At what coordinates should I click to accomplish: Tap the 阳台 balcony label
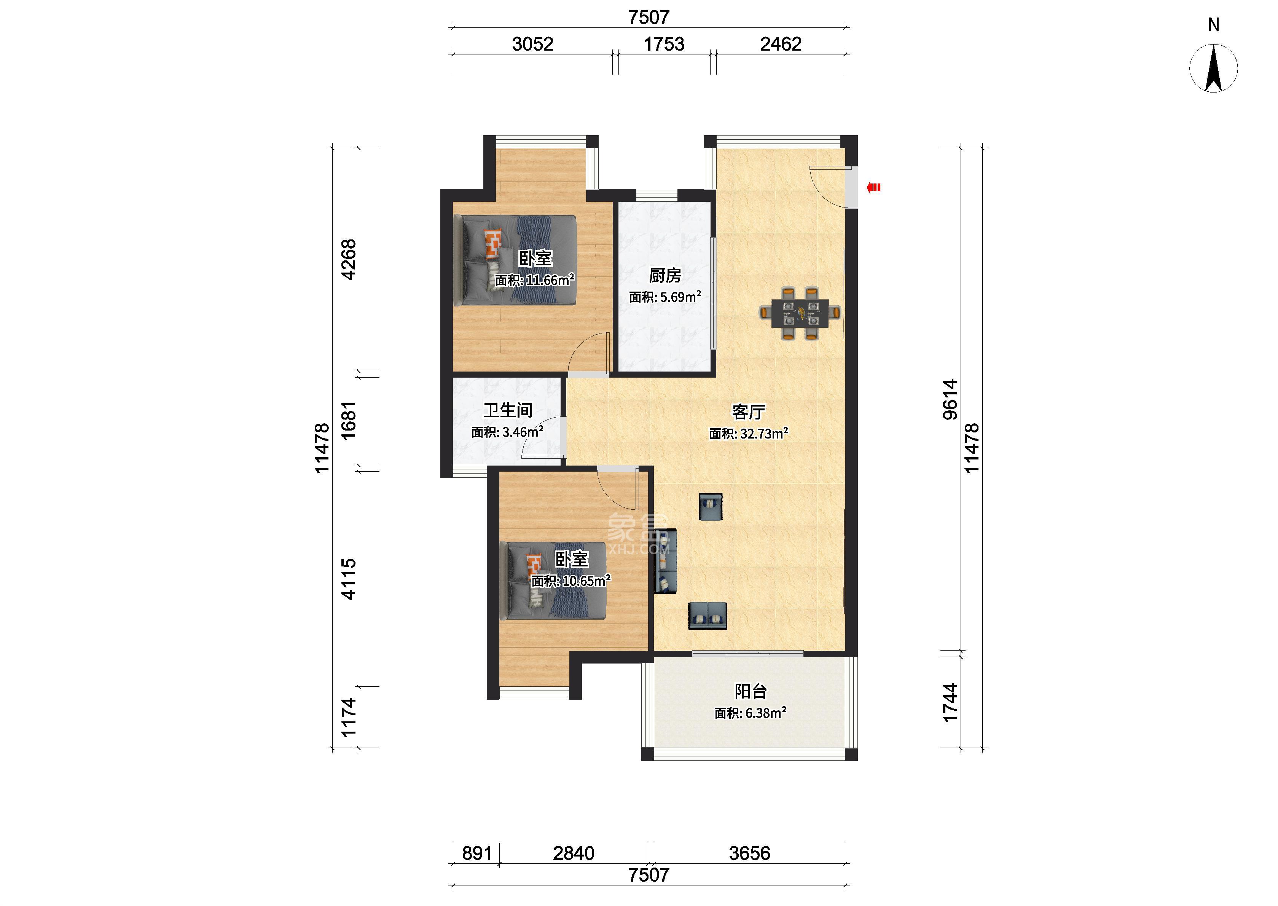tap(751, 691)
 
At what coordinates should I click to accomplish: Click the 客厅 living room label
tap(748, 412)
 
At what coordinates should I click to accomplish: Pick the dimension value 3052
tap(532, 44)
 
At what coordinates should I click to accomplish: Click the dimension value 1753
tap(664, 44)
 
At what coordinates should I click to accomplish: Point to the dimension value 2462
tap(781, 44)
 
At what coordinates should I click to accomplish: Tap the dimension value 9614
tap(950, 399)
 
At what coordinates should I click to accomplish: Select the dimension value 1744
tap(950, 702)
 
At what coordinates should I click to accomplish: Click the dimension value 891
tap(477, 853)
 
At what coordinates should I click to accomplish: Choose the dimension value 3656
tap(749, 853)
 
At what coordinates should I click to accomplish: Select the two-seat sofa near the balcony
tap(708, 616)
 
